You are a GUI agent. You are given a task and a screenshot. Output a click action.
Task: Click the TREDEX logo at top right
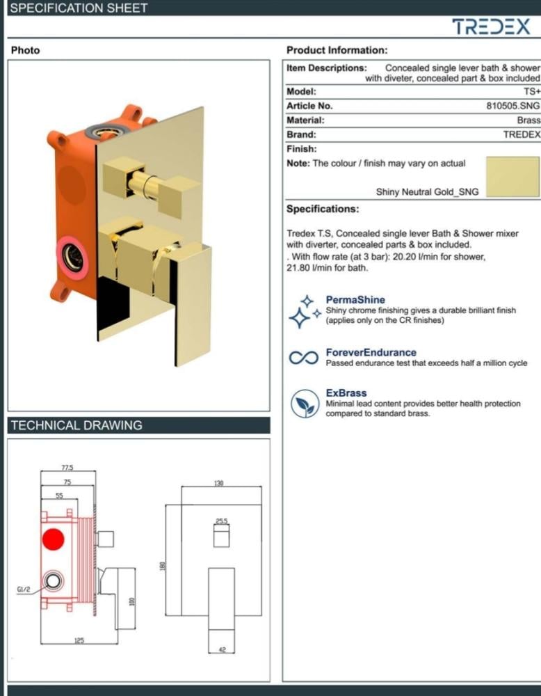tap(491, 26)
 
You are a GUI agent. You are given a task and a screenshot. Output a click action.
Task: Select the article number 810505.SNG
tap(513, 106)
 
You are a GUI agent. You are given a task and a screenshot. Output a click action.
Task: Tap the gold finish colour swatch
tap(512, 176)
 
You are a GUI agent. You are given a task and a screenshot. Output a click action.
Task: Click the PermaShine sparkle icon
tap(305, 311)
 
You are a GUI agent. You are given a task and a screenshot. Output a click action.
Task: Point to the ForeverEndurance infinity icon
tap(304, 357)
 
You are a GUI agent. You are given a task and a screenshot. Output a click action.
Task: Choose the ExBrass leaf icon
tap(305, 404)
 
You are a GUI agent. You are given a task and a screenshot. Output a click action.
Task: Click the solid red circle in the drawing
tap(54, 539)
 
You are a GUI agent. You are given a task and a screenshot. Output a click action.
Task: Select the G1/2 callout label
tap(24, 590)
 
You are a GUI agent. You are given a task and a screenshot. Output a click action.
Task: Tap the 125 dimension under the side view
tap(79, 640)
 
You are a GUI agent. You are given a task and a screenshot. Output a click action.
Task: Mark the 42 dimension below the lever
tap(222, 650)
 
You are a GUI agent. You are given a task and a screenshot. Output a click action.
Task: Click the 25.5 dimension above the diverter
tap(222, 521)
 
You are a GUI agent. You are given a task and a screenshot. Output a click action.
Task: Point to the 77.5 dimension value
tap(67, 468)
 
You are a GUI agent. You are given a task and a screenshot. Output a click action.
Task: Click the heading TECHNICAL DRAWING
tap(76, 425)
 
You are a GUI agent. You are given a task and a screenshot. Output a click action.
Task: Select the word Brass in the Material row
tap(528, 120)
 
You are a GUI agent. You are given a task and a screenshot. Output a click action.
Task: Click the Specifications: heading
tap(323, 209)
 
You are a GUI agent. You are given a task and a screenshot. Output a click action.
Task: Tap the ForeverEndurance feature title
tap(371, 352)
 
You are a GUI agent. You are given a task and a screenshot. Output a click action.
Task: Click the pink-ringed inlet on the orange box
tap(72, 258)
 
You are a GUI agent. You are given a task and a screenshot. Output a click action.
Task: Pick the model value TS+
tap(532, 91)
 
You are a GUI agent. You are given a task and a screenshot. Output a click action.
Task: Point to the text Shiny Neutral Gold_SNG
tap(428, 192)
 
